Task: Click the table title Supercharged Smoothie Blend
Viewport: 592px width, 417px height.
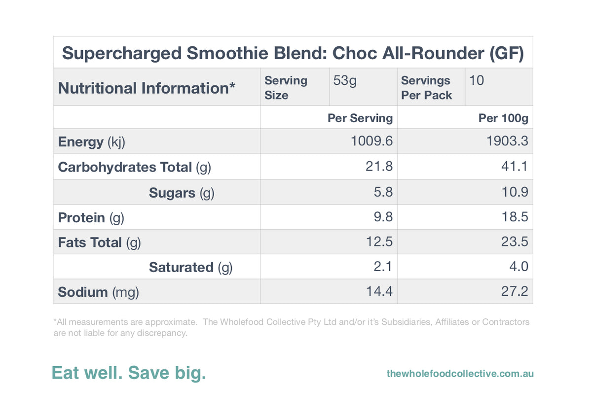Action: [293, 53]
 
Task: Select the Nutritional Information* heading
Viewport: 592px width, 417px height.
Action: [147, 88]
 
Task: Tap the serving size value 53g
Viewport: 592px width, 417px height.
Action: [345, 80]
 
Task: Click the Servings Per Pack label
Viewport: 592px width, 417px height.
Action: [426, 88]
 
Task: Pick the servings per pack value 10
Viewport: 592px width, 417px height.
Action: [477, 80]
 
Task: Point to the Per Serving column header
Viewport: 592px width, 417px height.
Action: [360, 118]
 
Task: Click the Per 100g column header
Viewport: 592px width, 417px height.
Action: [503, 118]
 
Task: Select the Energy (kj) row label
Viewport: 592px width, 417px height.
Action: [91, 142]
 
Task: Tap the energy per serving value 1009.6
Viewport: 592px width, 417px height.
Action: [371, 141]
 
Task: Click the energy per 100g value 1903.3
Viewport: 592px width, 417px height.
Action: [507, 141]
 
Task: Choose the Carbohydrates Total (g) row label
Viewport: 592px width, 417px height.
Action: [134, 167]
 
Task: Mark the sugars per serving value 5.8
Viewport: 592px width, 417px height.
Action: [383, 192]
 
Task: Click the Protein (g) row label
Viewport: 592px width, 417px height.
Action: [91, 217]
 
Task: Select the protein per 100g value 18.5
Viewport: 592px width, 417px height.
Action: [515, 217]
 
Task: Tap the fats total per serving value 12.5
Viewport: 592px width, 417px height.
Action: [379, 242]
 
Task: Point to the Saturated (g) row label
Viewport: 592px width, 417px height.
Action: [190, 267]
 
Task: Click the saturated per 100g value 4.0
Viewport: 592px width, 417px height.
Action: [518, 267]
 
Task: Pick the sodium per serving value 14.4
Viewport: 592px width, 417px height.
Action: [379, 292]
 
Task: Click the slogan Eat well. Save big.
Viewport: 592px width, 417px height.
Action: [129, 373]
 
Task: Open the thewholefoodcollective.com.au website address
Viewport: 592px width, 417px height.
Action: [460, 374]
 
